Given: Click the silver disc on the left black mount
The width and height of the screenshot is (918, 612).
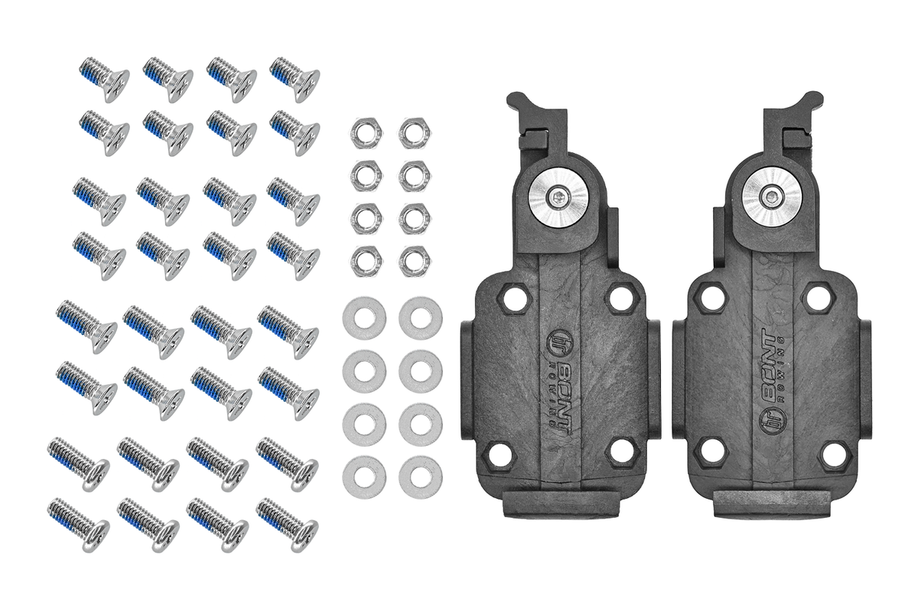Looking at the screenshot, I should (559, 199).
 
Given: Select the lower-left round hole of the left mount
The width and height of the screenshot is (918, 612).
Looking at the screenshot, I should (500, 454).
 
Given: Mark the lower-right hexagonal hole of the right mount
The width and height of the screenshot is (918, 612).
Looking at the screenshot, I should (834, 454).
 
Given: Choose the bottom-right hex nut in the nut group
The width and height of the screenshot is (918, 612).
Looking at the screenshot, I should (414, 261).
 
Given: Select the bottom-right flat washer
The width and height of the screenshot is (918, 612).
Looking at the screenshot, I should (420, 477).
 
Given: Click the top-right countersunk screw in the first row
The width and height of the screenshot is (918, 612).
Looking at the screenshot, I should (295, 78).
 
